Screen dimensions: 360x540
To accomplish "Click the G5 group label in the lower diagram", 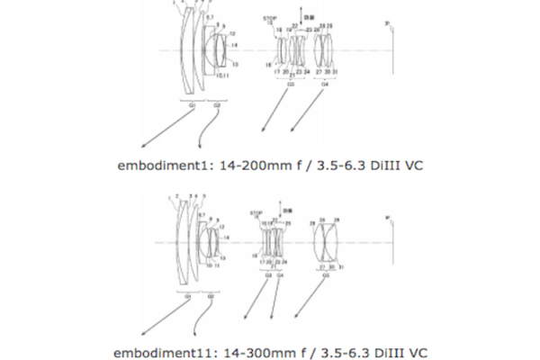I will pos(325,274).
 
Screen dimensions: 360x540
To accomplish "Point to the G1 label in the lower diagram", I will pos(187,294).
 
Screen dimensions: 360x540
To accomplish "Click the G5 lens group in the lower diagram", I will pos(325,241).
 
